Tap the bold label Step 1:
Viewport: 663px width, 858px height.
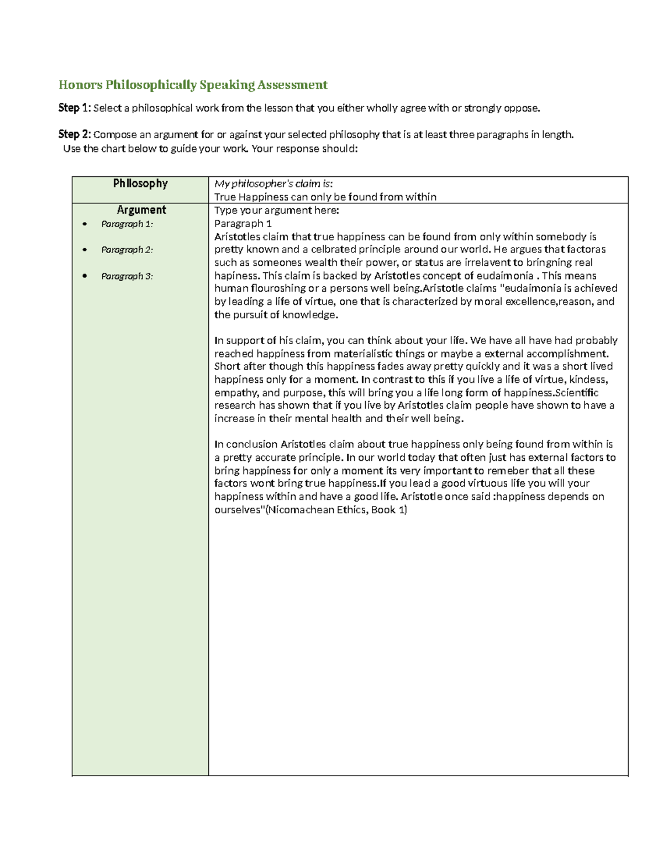(75, 108)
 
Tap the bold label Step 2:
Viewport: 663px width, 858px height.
(75, 134)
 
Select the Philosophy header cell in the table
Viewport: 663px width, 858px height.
(140, 183)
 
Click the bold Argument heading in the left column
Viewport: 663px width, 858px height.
(141, 210)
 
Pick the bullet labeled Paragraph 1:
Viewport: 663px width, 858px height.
(127, 224)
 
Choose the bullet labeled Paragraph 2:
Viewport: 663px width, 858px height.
(127, 250)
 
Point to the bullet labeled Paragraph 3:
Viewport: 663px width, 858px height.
(127, 276)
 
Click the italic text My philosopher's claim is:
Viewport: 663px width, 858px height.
(273, 184)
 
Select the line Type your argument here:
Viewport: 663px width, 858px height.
(276, 210)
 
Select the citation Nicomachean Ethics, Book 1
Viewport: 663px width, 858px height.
(336, 510)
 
